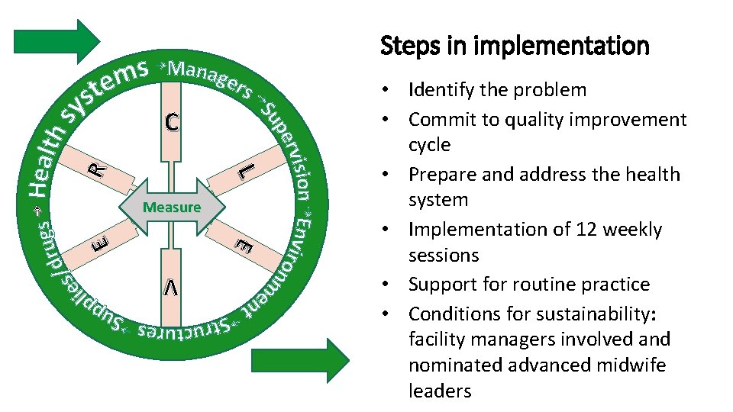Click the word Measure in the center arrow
pos(172,207)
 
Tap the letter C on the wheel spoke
pos(173,122)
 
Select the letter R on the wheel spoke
pos(97,169)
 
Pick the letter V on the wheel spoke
pos(172,287)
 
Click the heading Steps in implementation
pos(515,46)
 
